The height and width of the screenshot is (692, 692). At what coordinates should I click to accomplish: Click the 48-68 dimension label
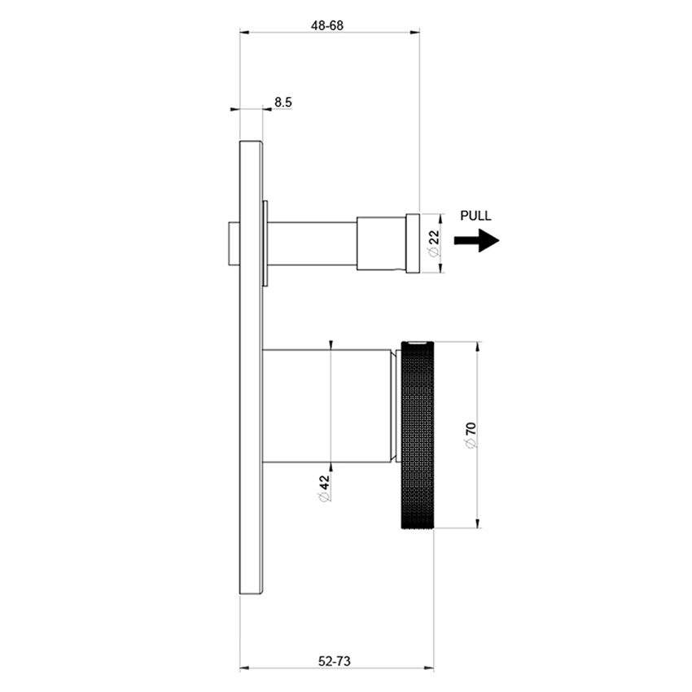327,25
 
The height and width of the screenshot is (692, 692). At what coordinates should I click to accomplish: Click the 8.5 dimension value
283,102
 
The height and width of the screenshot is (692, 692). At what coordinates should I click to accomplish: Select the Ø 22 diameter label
434,243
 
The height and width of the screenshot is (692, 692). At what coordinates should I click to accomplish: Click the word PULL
475,217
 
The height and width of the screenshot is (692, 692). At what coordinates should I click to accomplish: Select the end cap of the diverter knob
413,242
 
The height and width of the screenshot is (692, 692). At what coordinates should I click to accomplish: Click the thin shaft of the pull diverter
313,243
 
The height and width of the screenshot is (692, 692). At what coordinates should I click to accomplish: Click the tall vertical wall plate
251,370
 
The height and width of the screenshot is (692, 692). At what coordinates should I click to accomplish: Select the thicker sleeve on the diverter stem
381,243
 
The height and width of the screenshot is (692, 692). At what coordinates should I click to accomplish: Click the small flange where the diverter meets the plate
265,243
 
